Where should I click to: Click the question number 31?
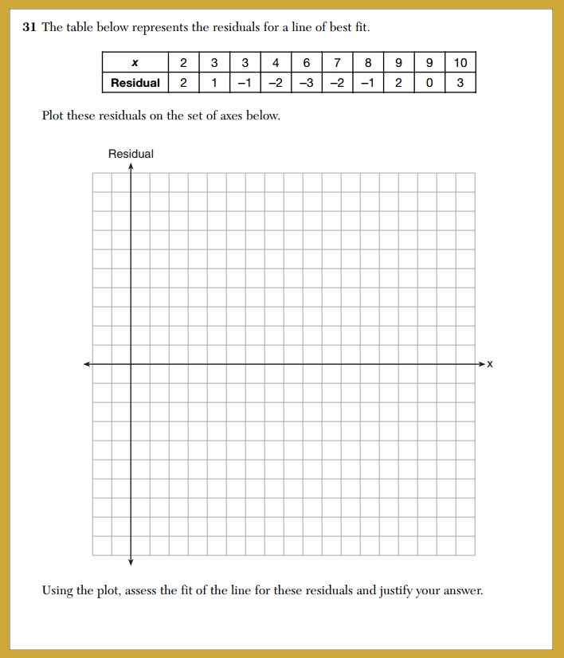coord(29,28)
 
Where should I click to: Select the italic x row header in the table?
coord(135,63)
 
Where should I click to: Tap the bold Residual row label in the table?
coord(135,83)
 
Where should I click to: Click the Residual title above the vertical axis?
coord(131,154)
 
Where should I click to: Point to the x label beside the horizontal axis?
coord(490,364)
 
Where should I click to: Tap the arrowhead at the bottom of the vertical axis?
coord(131,562)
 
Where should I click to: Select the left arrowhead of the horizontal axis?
coord(88,364)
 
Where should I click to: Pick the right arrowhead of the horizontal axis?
coord(480,364)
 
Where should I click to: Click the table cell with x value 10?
coord(460,63)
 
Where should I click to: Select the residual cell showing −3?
coord(306,83)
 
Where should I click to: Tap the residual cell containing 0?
coord(429,83)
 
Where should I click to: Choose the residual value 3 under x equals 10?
coord(460,83)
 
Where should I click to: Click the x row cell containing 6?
coord(306,63)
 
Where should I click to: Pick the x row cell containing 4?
coord(275,63)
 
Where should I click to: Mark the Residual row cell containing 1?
coord(213,83)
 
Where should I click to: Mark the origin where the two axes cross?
coord(131,364)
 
